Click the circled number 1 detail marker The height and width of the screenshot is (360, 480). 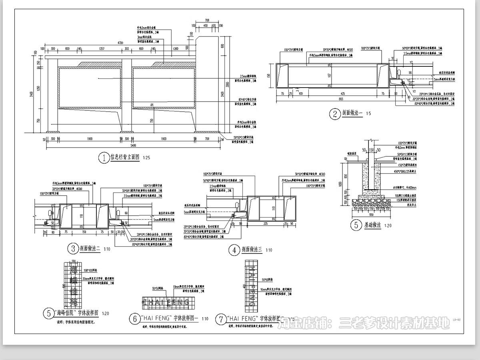click(104, 158)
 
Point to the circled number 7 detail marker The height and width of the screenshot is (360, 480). click(220, 319)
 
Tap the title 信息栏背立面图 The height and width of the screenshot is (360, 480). click(125, 158)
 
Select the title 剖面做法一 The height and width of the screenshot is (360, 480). click(352, 114)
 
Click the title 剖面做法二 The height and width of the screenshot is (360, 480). click(90, 249)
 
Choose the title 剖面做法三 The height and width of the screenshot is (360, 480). click(251, 250)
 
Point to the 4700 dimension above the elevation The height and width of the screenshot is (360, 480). click(120, 43)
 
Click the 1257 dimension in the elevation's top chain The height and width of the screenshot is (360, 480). click(101, 49)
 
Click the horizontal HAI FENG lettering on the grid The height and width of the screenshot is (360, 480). click(166, 303)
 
